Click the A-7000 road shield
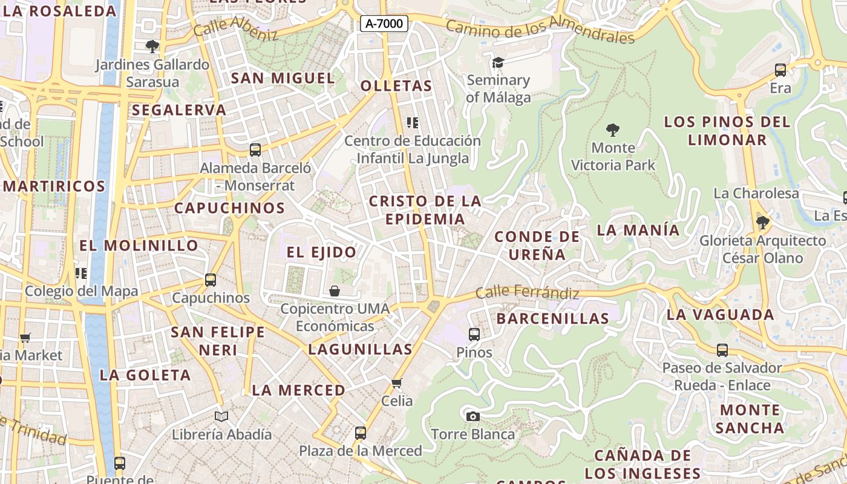[384, 24]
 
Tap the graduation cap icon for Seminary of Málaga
[498, 62]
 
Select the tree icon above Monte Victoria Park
[613, 129]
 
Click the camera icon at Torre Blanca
[473, 416]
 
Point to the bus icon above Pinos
[474, 334]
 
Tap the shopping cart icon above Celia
[397, 383]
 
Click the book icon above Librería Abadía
[221, 416]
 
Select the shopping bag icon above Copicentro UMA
[335, 291]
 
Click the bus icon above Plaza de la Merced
[361, 433]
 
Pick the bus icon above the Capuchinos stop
[211, 280]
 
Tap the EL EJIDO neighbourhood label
[321, 252]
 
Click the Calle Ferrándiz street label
[527, 293]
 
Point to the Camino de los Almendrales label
[540, 31]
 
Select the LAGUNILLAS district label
[360, 349]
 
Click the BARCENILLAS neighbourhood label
[552, 318]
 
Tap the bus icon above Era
[780, 70]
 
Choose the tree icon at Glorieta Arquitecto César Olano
[762, 223]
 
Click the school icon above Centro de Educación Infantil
[413, 123]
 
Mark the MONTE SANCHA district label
[750, 419]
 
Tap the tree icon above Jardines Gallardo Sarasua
[152, 46]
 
